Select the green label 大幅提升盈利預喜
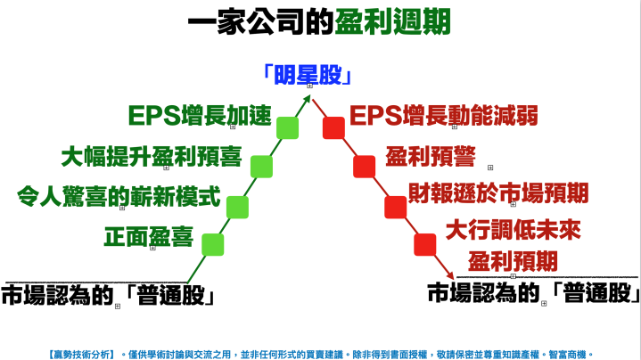[152, 158]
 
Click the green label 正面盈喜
[149, 237]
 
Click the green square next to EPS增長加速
[288, 127]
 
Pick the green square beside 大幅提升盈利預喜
[262, 166]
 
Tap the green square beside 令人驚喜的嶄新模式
[237, 207]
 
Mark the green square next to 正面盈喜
[212, 243]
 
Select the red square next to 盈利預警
[365, 166]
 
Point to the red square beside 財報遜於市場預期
[395, 207]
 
